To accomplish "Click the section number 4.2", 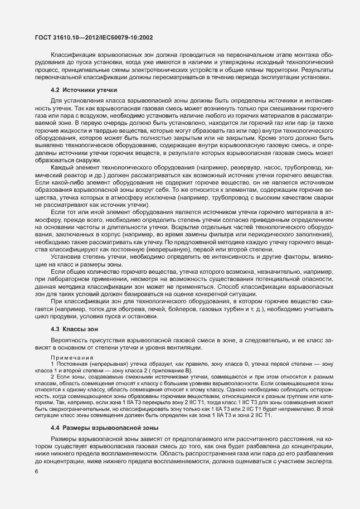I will click(55, 89).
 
